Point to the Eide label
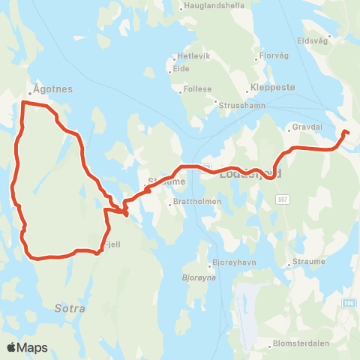tap(181, 68)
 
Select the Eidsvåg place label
tap(314, 42)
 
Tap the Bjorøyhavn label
tap(232, 265)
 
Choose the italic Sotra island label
tap(70, 308)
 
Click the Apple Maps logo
tap(27, 347)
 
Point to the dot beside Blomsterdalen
tap(270, 346)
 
